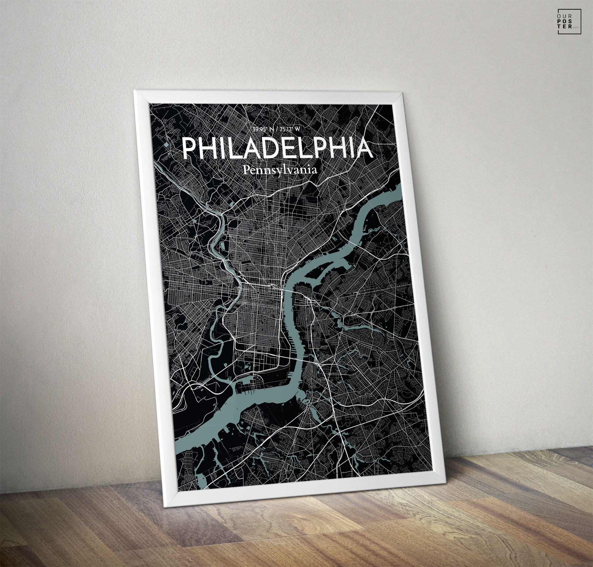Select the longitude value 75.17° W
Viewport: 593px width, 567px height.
coord(289,129)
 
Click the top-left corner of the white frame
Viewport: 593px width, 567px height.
coord(135,91)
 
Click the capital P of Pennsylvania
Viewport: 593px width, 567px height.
coord(246,170)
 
